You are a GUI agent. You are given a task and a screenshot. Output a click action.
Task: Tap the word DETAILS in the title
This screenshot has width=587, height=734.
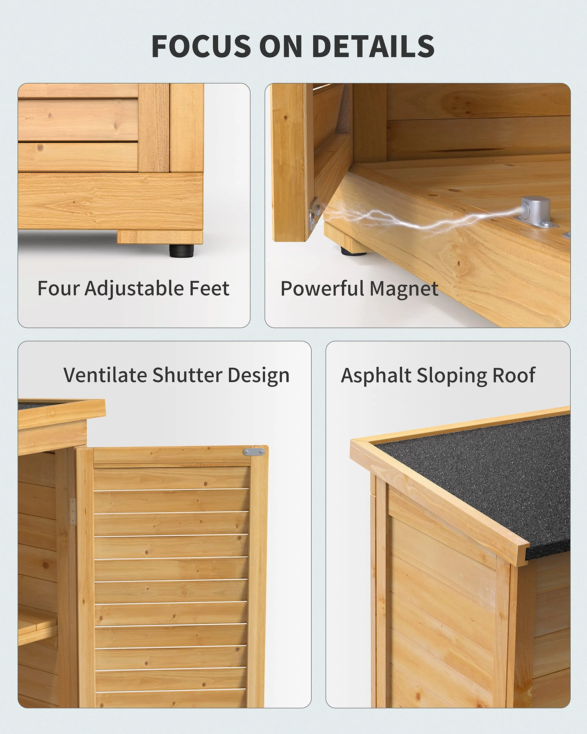pyautogui.click(x=373, y=46)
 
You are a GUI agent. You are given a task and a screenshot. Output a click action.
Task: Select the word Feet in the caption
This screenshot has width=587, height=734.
pyautogui.click(x=209, y=288)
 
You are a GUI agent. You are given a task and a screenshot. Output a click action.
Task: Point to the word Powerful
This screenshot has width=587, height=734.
pyautogui.click(x=322, y=288)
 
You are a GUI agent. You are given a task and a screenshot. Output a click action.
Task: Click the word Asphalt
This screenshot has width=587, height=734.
pyautogui.click(x=376, y=376)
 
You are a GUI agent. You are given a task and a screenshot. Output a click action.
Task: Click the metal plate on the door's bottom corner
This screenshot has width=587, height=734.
pyautogui.click(x=314, y=214)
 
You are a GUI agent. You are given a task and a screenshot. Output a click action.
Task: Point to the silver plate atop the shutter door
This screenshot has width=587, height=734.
pyautogui.click(x=254, y=452)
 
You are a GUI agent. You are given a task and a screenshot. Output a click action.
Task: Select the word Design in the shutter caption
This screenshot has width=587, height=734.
pyautogui.click(x=259, y=376)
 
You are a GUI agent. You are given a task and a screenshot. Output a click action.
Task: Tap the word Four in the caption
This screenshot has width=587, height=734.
pyautogui.click(x=58, y=288)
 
